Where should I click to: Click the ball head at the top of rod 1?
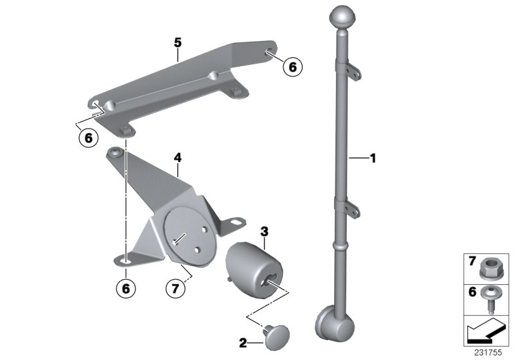(x=341, y=16)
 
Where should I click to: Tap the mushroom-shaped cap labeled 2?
(x=276, y=334)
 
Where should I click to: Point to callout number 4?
(x=178, y=156)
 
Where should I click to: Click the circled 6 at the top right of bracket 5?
(x=292, y=66)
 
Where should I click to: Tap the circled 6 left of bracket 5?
(x=86, y=137)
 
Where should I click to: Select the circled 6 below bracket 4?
(x=126, y=289)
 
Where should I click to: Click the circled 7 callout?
(x=174, y=289)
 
